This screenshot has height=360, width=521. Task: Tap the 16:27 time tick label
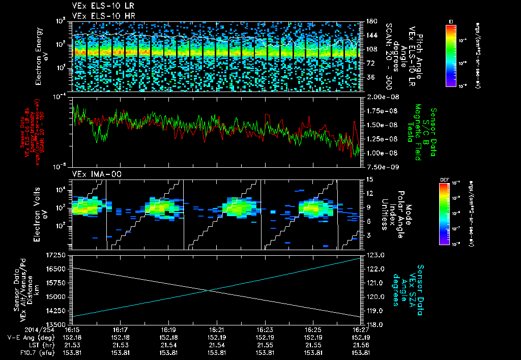click(x=361, y=329)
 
